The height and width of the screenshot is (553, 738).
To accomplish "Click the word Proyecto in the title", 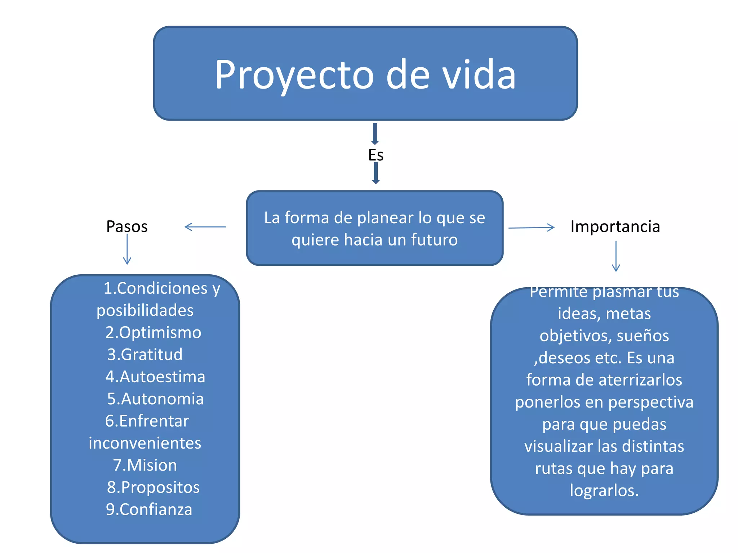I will tap(294, 75).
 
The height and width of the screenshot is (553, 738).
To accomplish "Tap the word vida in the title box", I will tap(479, 75).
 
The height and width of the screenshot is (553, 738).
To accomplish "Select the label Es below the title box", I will tap(375, 155).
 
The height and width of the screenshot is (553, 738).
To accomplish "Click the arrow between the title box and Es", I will tap(375, 134).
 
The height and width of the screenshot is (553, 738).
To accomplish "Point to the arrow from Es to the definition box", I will tap(375, 173).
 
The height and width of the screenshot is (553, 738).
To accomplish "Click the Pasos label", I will tap(127, 226).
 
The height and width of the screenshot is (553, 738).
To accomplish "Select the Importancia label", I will tap(615, 226).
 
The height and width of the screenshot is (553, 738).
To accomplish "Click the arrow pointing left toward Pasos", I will tap(205, 227).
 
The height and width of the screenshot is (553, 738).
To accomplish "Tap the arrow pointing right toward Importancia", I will tap(531, 228).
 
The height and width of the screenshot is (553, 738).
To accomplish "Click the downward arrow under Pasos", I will tap(127, 249).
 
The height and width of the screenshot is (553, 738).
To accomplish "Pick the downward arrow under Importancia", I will tap(616, 256).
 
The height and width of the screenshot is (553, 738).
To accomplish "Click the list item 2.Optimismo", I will tap(153, 332).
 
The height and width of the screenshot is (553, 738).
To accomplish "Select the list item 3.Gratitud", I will tap(145, 355).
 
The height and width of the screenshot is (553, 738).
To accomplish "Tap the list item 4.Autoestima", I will tap(155, 377).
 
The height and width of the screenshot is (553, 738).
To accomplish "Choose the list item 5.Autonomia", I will tap(155, 399).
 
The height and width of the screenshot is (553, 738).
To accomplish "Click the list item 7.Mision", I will tap(145, 465).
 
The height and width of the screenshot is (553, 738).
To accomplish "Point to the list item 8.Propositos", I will tap(153, 487).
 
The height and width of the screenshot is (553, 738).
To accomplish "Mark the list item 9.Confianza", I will tap(149, 509).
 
